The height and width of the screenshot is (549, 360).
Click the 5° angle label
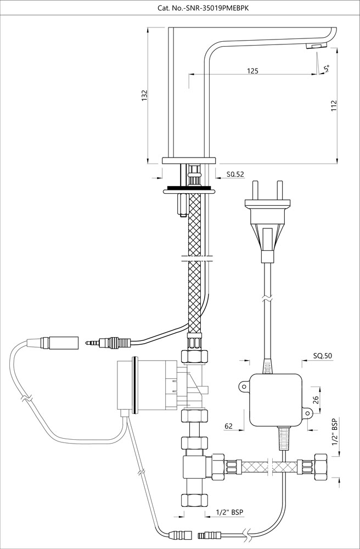(327, 69)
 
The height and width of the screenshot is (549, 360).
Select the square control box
(275, 400)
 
